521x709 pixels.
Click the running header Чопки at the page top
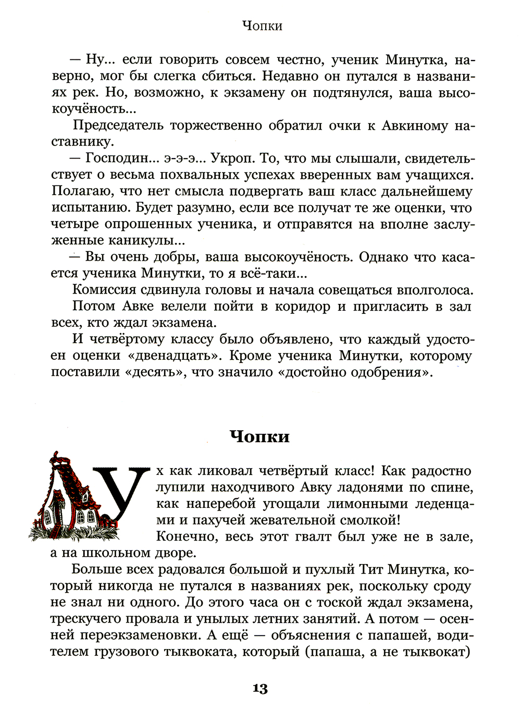(x=263, y=26)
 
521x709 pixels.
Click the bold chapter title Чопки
(x=259, y=436)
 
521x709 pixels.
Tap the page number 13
(x=260, y=689)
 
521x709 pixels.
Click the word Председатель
(x=117, y=126)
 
